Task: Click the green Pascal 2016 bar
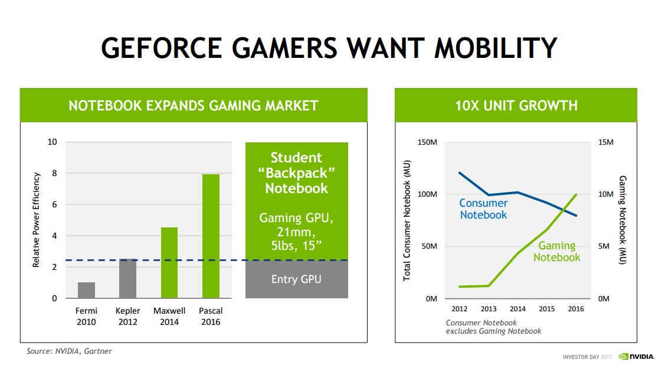(x=211, y=236)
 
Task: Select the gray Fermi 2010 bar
(x=86, y=290)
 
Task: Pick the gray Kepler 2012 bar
(x=128, y=278)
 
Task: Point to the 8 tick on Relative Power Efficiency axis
(x=54, y=174)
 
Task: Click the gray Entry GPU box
(x=296, y=279)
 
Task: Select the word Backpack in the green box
(x=296, y=173)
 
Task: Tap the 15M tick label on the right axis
(x=606, y=142)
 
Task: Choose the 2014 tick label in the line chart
(x=517, y=309)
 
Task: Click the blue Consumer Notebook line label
(x=483, y=209)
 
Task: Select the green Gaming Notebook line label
(x=557, y=252)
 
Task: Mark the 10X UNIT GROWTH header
(x=516, y=106)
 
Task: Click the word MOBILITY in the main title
(x=496, y=48)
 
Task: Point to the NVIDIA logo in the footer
(x=635, y=357)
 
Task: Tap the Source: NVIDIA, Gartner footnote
(x=69, y=351)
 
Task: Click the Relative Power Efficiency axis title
(x=36, y=220)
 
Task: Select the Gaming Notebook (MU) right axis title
(x=622, y=220)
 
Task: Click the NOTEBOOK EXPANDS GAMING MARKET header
(x=194, y=106)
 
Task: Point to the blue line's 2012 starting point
(x=460, y=172)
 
